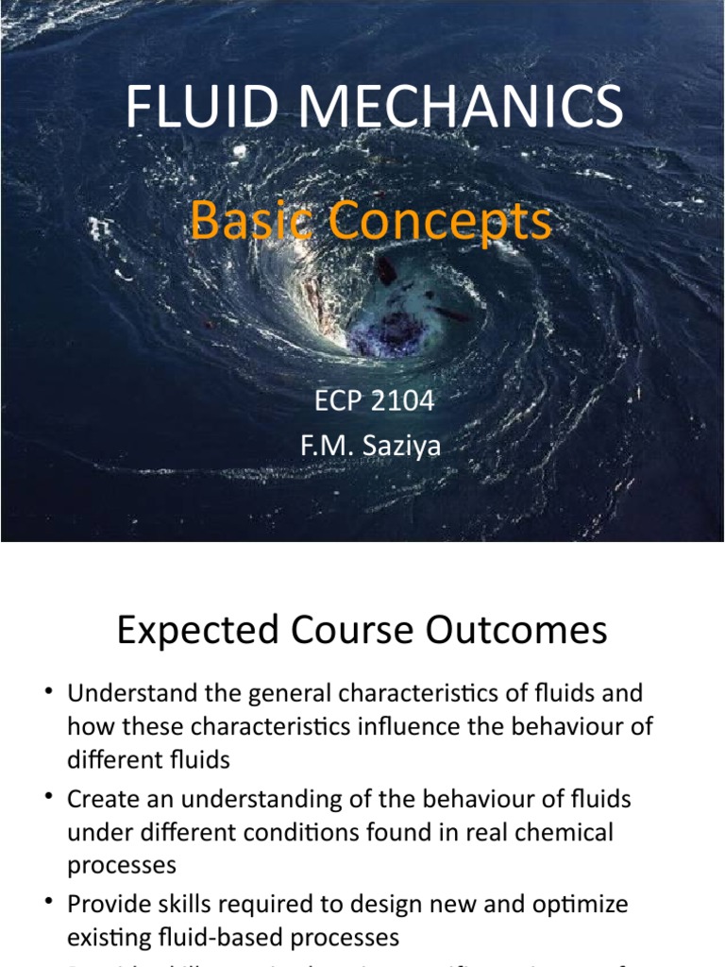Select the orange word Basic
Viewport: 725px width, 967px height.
pos(247,222)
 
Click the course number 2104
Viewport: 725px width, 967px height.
pos(403,400)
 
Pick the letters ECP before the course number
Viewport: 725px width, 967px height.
pos(337,400)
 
